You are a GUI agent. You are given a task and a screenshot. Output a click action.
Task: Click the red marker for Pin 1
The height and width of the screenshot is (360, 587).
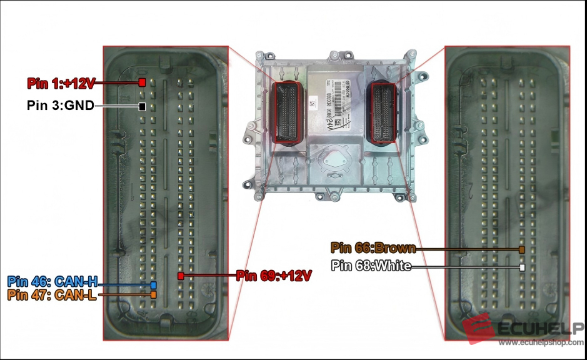click(x=143, y=82)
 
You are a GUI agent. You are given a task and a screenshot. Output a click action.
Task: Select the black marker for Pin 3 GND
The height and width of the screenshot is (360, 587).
click(x=143, y=107)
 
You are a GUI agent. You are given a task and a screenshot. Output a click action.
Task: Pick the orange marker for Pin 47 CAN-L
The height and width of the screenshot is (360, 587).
click(x=153, y=294)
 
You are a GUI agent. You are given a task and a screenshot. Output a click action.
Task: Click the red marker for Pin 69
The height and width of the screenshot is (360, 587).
click(x=181, y=276)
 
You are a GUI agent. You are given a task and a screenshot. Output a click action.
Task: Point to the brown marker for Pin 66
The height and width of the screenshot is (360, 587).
click(x=521, y=250)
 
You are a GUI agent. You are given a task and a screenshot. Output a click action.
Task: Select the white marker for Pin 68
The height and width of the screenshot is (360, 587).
click(x=521, y=267)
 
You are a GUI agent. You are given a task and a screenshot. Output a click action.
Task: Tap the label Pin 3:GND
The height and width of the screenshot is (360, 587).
click(x=60, y=106)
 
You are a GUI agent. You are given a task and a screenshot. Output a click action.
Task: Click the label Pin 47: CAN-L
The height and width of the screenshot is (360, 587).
click(x=52, y=295)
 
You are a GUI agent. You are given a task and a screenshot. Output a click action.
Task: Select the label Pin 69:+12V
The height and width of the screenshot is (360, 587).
click(x=274, y=275)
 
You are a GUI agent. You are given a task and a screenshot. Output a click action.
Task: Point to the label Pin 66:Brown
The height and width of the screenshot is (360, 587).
click(x=373, y=248)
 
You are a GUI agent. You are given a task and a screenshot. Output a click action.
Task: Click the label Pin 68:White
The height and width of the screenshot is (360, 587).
click(x=371, y=266)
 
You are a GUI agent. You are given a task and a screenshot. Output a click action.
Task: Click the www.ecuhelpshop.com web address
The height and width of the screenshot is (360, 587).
click(x=541, y=342)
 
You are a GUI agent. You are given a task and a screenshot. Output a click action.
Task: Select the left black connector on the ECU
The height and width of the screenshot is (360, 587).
click(x=289, y=112)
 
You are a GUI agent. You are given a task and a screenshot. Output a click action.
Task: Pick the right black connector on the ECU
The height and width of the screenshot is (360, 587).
click(x=383, y=111)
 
